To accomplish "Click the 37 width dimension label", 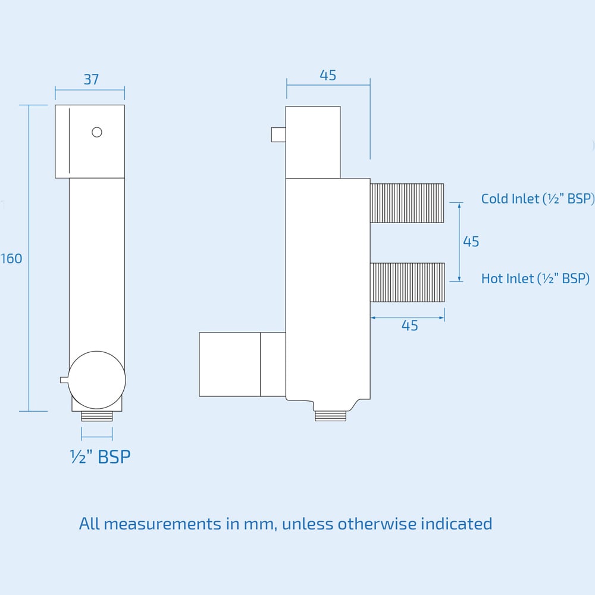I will coord(91,79).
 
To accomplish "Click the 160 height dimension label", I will coord(11,259).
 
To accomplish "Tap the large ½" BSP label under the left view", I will coord(100,457).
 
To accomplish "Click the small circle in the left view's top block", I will coord(97,132).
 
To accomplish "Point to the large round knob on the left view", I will coord(97,380).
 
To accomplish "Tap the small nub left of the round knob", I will coord(64,380).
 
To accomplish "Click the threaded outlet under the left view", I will coord(96,416).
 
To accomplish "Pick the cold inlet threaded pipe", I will coord(407,203).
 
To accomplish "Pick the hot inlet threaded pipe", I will coord(408,283).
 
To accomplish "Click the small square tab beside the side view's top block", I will coord(278,134).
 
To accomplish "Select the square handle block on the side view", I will coord(230,364).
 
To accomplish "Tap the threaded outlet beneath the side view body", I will coord(330,415).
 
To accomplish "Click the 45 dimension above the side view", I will coord(328,76).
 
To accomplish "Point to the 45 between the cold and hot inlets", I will coord(471,242).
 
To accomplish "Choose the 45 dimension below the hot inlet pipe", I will coord(409,326).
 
